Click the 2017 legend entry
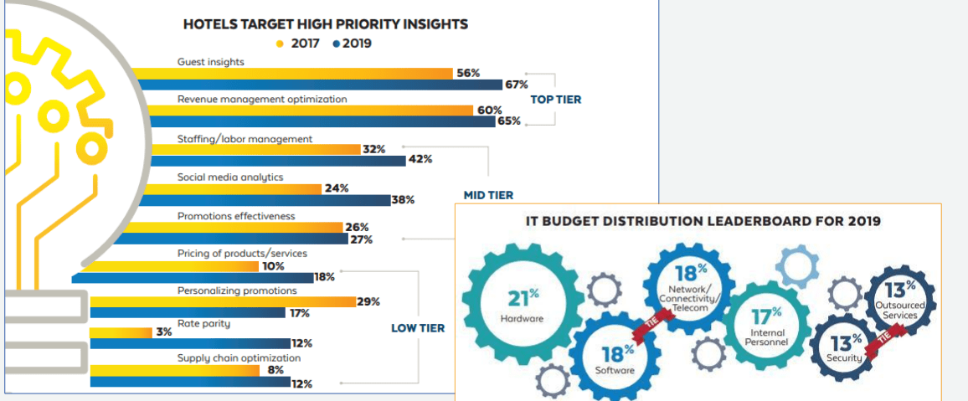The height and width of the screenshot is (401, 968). coord(299,44)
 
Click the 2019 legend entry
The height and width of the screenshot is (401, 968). coord(351,44)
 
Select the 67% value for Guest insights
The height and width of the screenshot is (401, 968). coord(515,85)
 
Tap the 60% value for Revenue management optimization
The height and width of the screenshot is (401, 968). coord(490,111)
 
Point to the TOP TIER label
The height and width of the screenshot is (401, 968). coord(555,100)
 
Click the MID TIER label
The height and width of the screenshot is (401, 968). coord(487,195)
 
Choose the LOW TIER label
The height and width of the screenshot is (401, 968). coord(418,328)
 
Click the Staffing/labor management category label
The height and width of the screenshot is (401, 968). coord(245,138)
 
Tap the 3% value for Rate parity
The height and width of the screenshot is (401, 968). coord(163,332)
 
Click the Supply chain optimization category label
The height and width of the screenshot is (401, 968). coord(239,358)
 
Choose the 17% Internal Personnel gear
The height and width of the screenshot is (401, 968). coord(765,326)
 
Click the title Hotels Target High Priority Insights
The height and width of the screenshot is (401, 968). coord(326,24)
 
